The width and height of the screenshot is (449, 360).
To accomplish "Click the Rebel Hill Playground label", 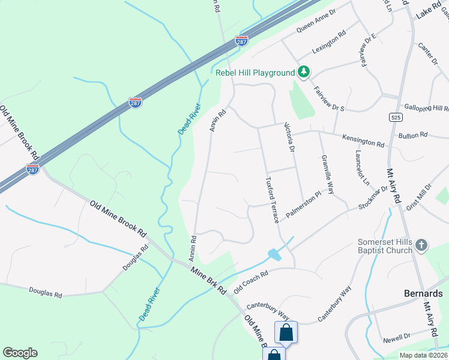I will tap(255, 73).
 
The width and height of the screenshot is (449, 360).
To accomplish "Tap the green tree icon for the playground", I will tap(304, 73).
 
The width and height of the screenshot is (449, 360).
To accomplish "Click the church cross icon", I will tap(422, 245).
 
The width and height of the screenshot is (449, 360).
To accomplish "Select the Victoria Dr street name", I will tap(291, 137).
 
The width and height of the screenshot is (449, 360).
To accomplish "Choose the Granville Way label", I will tap(328, 173).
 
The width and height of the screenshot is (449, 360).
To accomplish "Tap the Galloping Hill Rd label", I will tap(426, 108).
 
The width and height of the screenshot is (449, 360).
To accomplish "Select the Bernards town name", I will tap(423, 294).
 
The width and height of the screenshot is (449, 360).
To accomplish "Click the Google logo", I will tap(20, 353).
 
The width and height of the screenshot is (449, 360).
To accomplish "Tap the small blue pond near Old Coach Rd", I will tap(274, 254).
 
